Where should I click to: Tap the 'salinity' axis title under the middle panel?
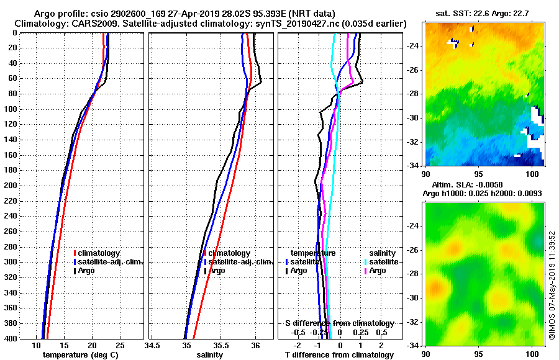209,355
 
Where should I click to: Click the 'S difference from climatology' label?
340,323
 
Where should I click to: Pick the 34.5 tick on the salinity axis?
152,345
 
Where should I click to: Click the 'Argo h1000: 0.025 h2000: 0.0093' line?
483,194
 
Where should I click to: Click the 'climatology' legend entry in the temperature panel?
100,253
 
